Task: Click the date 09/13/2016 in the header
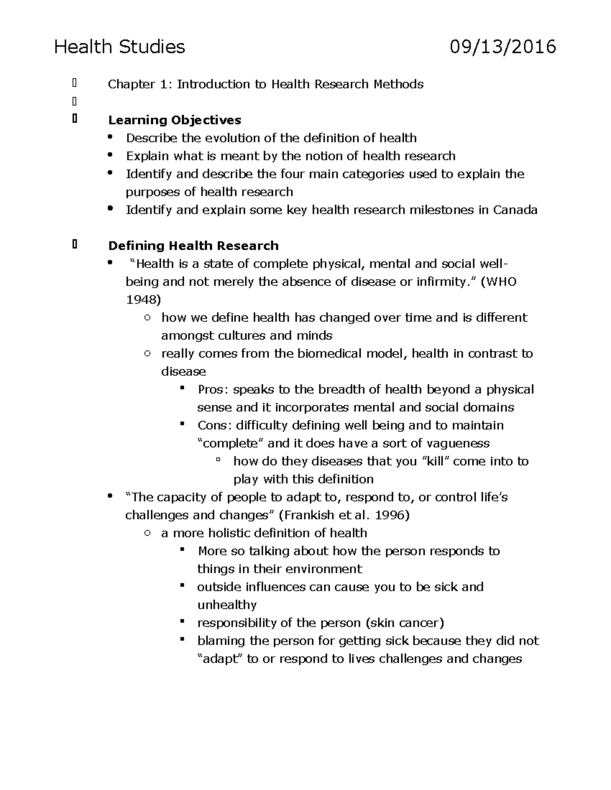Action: [503, 47]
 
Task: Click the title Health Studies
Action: [120, 47]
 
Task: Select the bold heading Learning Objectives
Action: [175, 121]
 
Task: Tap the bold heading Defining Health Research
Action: [193, 246]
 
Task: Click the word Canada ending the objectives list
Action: [515, 210]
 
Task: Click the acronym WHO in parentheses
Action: [502, 282]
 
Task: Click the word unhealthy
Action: [227, 605]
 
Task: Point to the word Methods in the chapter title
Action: [399, 84]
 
